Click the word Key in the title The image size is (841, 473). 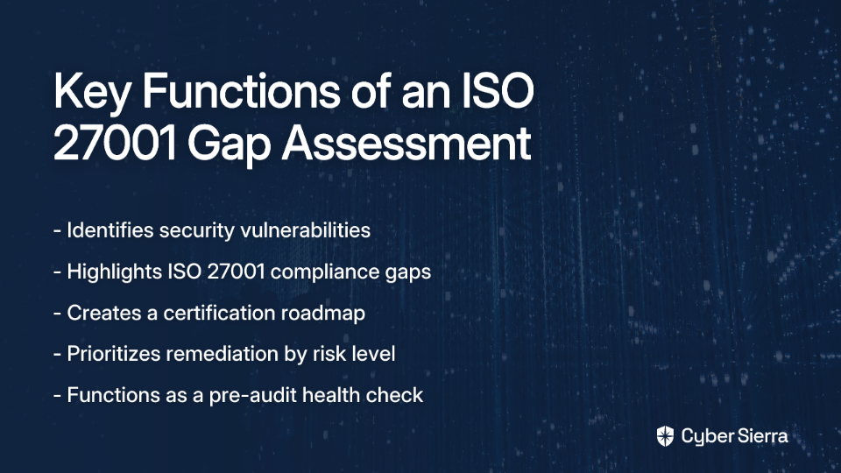coord(92,92)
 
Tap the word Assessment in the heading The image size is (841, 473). coord(406,143)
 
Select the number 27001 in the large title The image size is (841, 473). coord(115,143)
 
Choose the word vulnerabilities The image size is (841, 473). coord(305,230)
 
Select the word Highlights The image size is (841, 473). coord(115,272)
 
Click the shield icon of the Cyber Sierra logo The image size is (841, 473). coord(665,436)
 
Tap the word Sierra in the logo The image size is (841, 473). coord(761,436)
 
